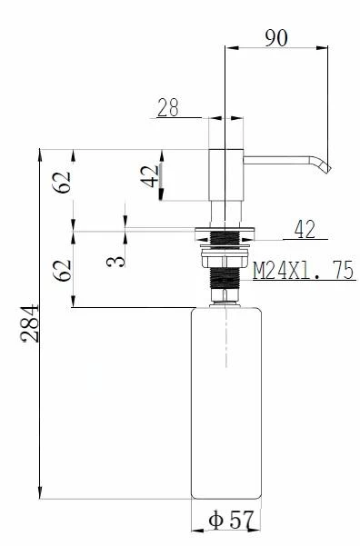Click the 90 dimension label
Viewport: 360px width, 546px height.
point(276,37)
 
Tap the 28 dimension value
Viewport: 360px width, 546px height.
point(168,107)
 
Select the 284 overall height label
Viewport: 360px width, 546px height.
point(30,323)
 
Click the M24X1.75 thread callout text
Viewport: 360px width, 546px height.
point(304,270)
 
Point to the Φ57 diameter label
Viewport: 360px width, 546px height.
point(230,521)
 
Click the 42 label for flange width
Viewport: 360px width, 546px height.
point(305,229)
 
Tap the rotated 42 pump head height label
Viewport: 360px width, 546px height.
point(150,176)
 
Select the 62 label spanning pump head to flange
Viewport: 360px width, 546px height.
point(62,182)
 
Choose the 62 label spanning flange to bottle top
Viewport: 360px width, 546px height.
point(62,270)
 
